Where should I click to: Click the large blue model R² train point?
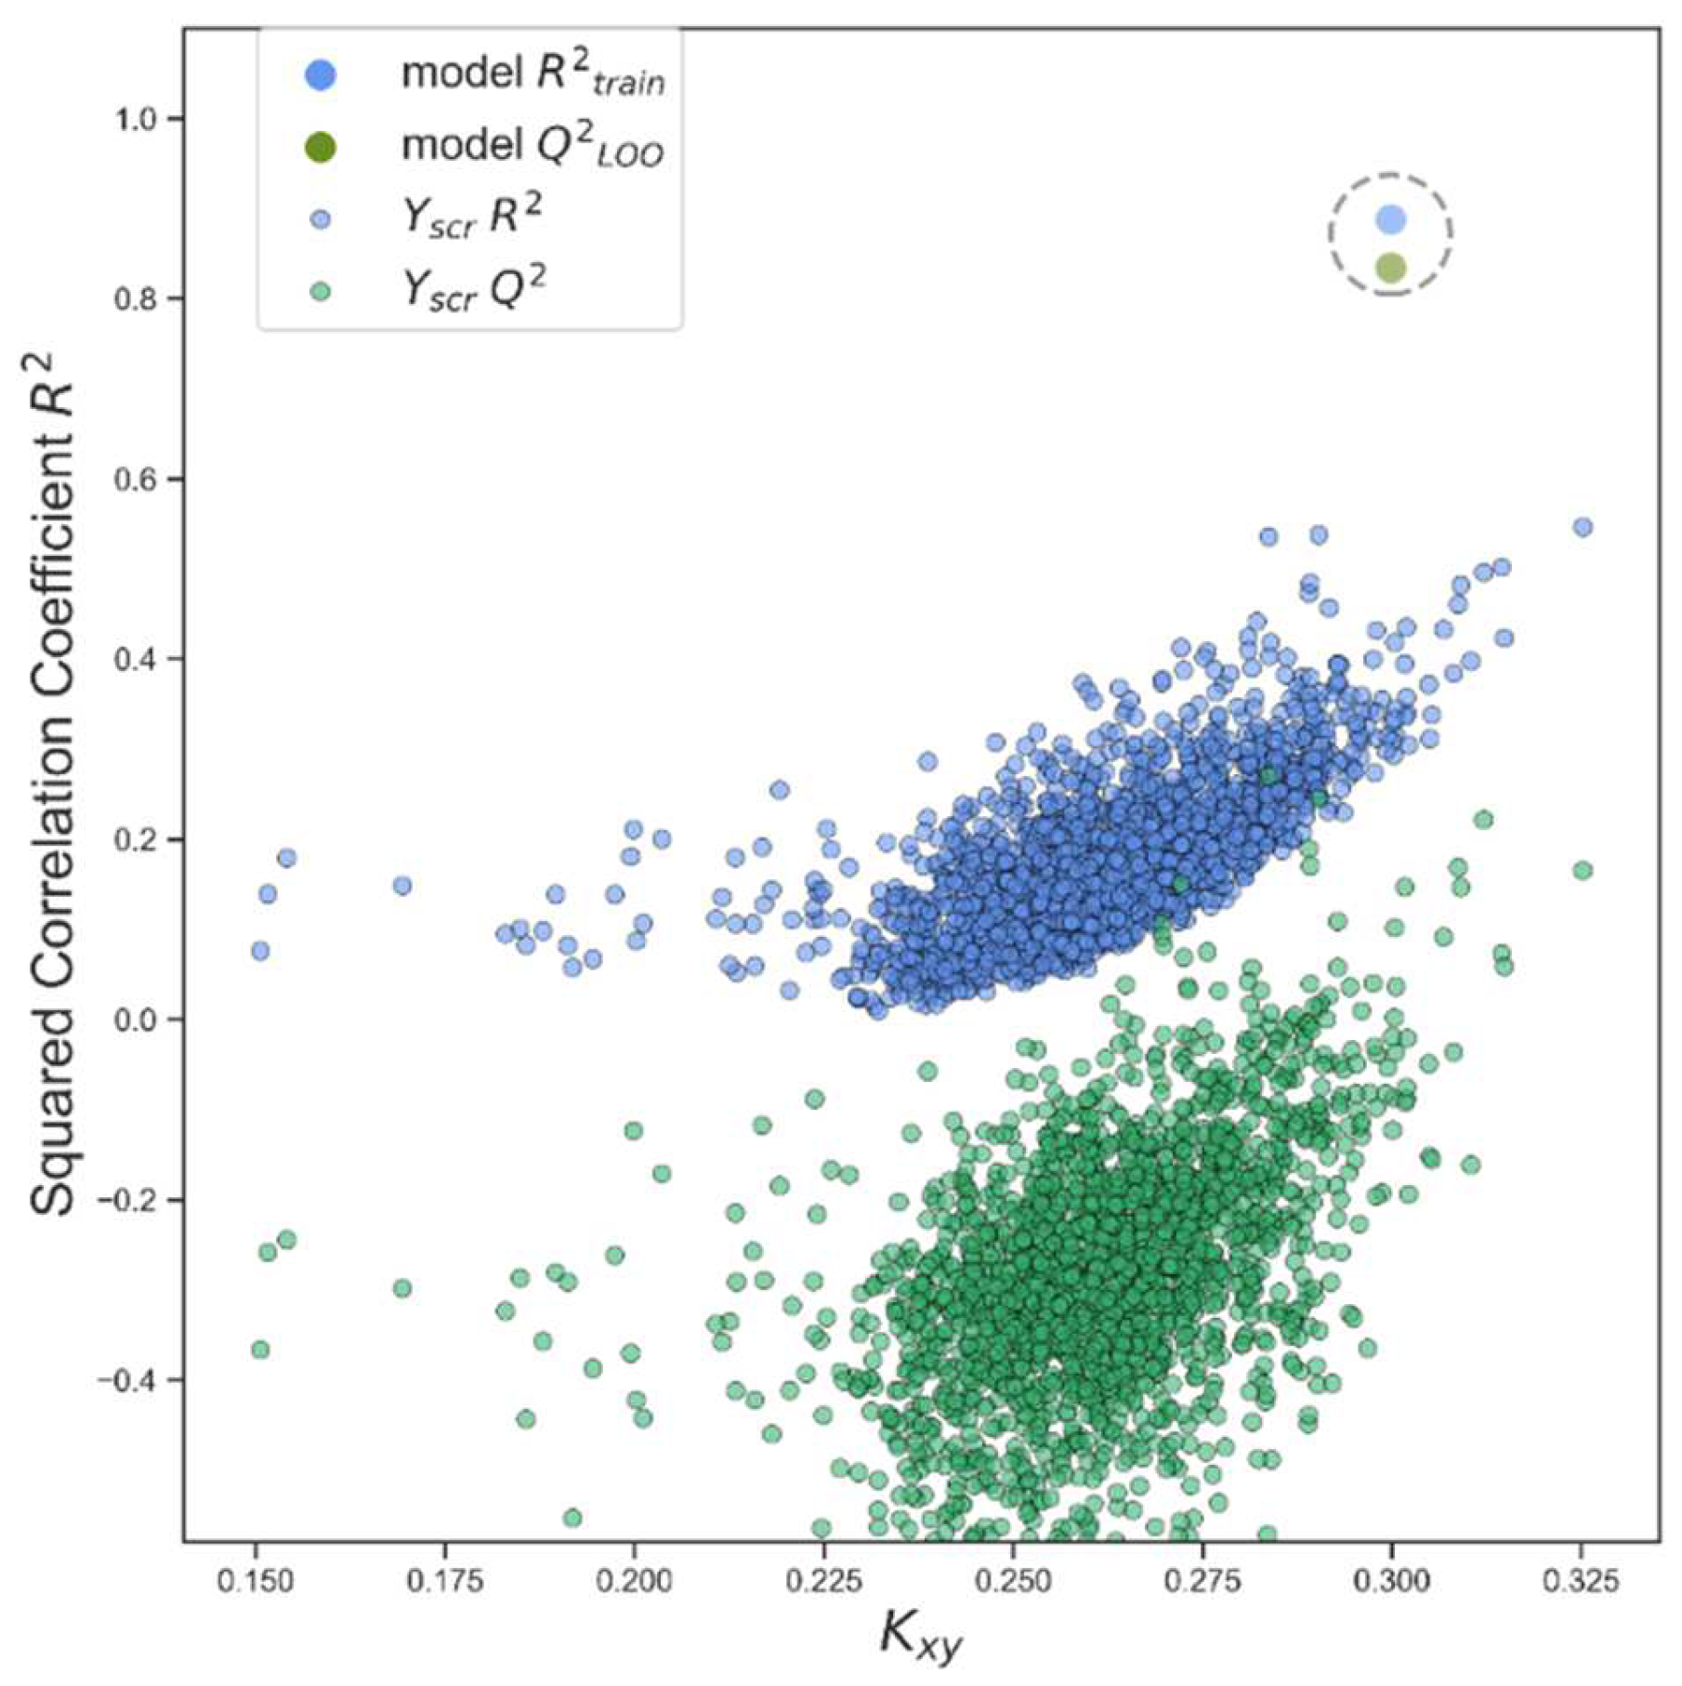click(x=1390, y=219)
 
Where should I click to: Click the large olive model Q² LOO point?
click(x=1390, y=269)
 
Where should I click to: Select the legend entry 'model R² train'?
click(x=532, y=74)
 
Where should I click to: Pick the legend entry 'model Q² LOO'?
click(x=532, y=147)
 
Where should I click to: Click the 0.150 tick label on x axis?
click(x=255, y=1581)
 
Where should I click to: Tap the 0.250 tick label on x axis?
click(x=1013, y=1581)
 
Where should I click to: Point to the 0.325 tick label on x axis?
click(x=1582, y=1581)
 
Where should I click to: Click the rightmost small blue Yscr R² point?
click(x=1583, y=527)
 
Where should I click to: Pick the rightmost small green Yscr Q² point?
click(x=1583, y=870)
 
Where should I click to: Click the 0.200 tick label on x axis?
click(x=634, y=1581)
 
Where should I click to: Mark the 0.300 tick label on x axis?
click(x=1392, y=1581)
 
